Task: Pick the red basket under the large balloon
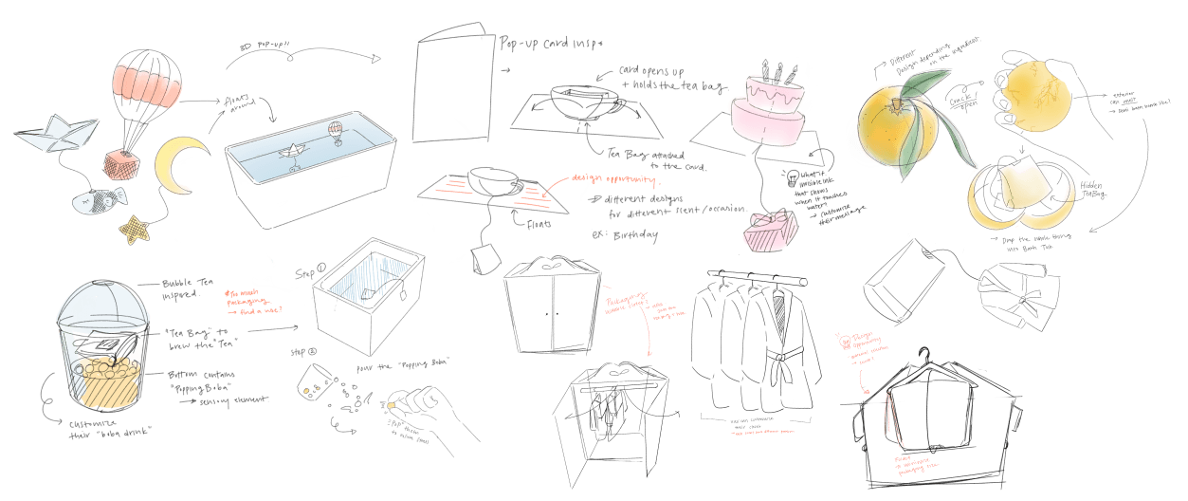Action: pos(121,163)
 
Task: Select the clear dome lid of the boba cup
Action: pos(99,307)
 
